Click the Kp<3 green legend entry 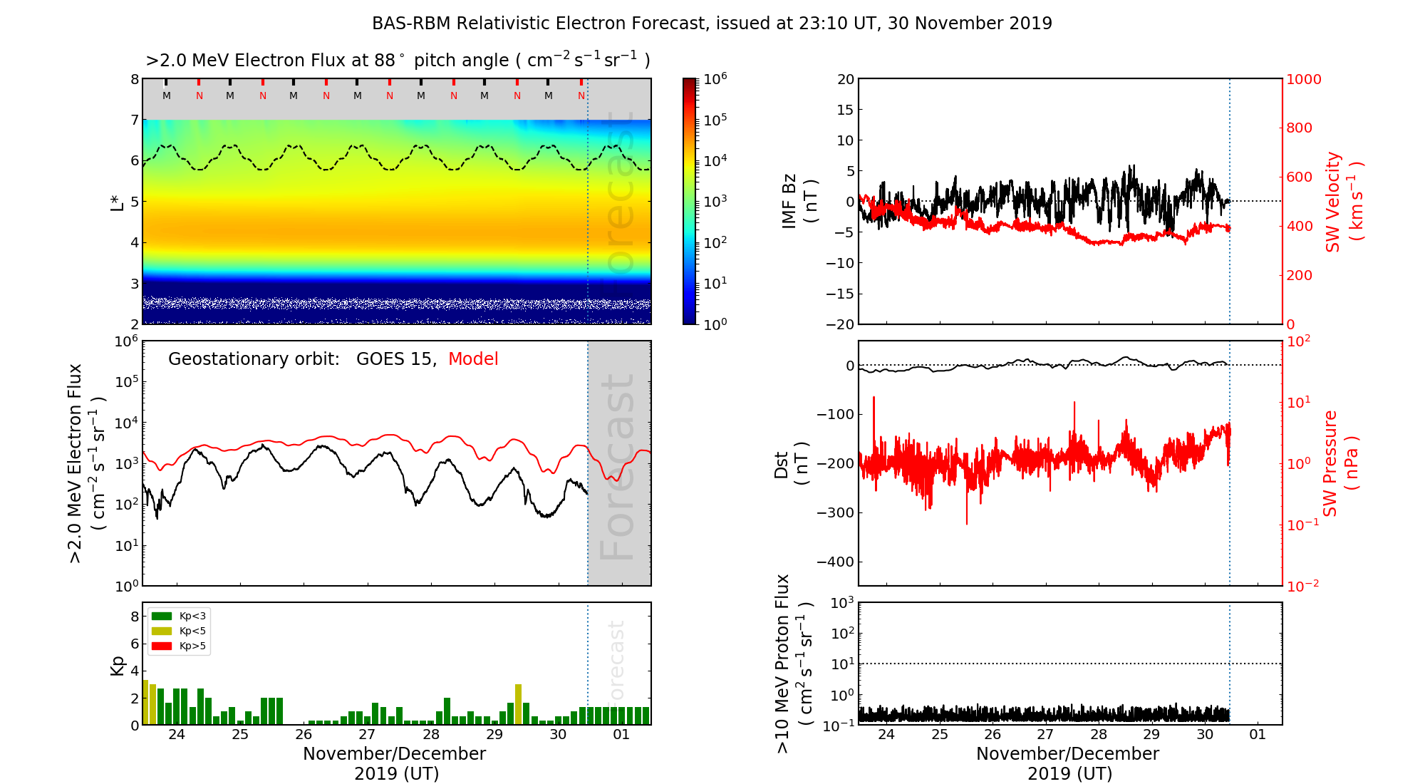[x=178, y=616]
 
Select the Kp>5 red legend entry [x=178, y=646]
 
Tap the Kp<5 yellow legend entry [x=178, y=631]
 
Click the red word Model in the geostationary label [x=473, y=359]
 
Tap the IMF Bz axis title [x=799, y=202]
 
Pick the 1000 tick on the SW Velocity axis [x=1303, y=79]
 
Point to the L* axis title [x=118, y=202]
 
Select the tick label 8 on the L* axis [x=134, y=79]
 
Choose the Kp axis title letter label [x=118, y=665]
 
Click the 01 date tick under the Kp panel [x=621, y=735]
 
